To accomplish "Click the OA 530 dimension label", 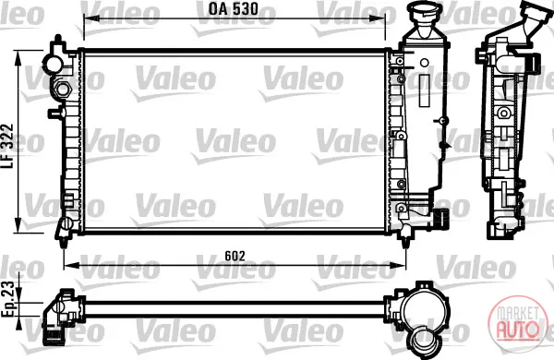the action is (234, 9).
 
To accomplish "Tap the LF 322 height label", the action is (7, 146).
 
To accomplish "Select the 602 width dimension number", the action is (235, 256).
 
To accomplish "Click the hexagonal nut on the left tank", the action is (63, 88).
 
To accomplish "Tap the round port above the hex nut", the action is (54, 64).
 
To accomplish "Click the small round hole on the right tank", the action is (425, 64).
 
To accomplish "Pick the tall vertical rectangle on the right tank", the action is (424, 90).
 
